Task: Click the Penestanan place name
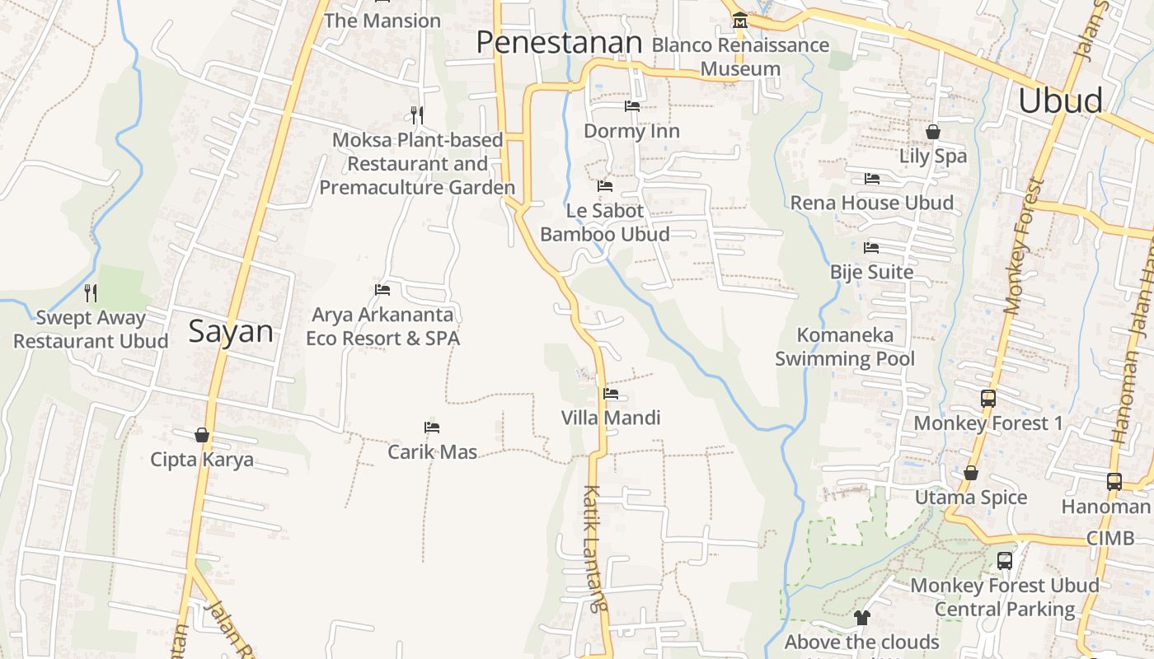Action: click(559, 42)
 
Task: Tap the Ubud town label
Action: click(1060, 100)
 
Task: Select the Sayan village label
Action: click(231, 331)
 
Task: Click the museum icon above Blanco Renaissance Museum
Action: click(739, 20)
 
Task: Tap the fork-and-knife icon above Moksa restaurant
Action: click(417, 115)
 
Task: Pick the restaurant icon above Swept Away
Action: click(91, 292)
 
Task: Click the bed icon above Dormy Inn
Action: click(632, 106)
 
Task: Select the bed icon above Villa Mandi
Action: click(611, 394)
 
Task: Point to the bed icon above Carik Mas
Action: click(432, 428)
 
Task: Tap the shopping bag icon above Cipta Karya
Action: click(202, 435)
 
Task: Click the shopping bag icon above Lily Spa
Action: click(933, 132)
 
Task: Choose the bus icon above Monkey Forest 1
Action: click(988, 399)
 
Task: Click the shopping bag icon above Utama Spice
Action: click(971, 473)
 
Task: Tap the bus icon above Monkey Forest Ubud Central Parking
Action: click(1005, 561)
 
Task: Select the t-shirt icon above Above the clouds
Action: click(862, 617)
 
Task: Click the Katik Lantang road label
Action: click(595, 548)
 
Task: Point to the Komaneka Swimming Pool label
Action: click(845, 347)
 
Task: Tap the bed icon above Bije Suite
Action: click(871, 248)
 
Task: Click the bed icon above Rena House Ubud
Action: click(872, 179)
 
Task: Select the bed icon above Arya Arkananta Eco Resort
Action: click(382, 290)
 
